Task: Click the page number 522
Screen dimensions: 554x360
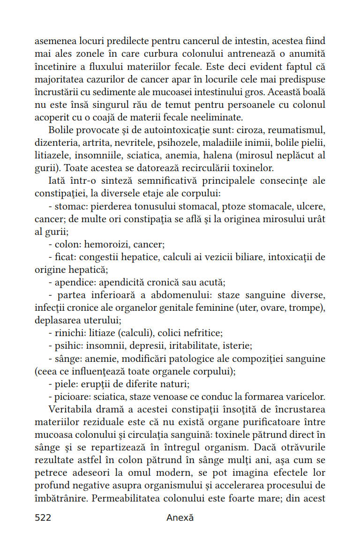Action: click(x=43, y=517)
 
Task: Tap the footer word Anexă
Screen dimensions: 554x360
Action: click(x=180, y=517)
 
